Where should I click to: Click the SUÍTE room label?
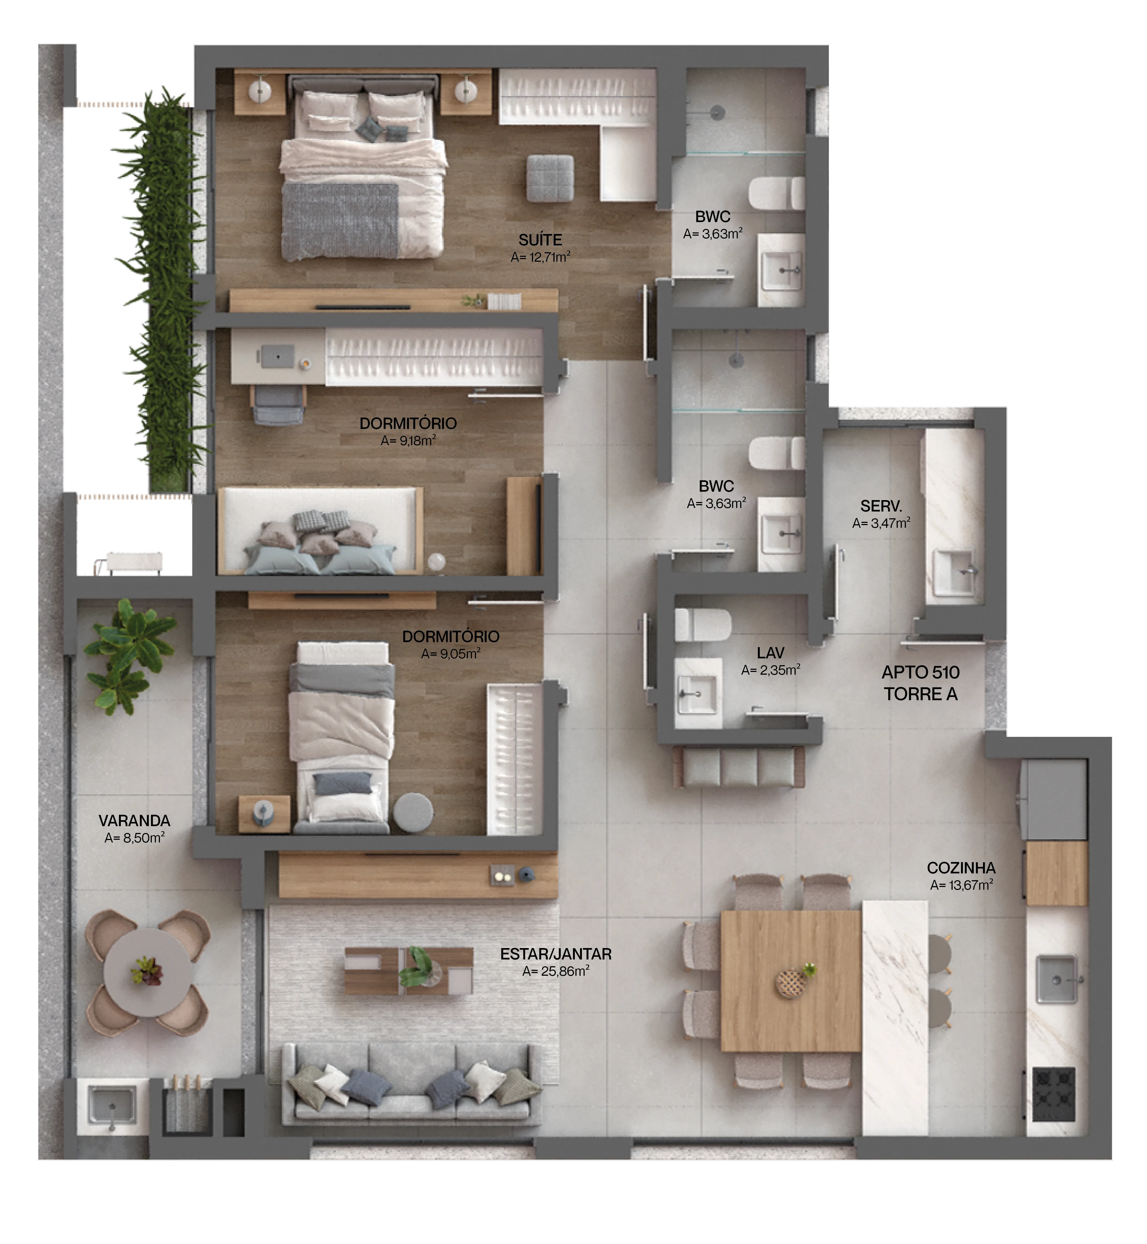point(540,240)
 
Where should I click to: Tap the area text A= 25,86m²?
point(556,971)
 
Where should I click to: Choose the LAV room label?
point(770,653)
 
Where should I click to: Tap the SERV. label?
point(881,506)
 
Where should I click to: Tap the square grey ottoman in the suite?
point(550,178)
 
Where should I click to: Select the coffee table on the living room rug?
point(408,971)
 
